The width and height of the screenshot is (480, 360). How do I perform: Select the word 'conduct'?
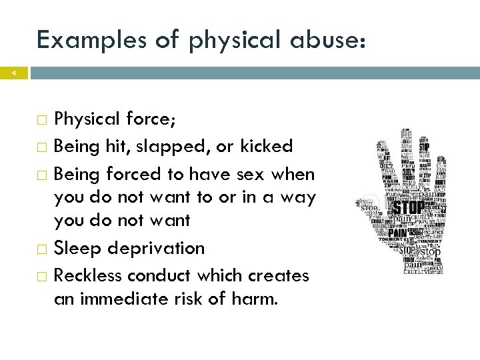coord(157,275)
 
